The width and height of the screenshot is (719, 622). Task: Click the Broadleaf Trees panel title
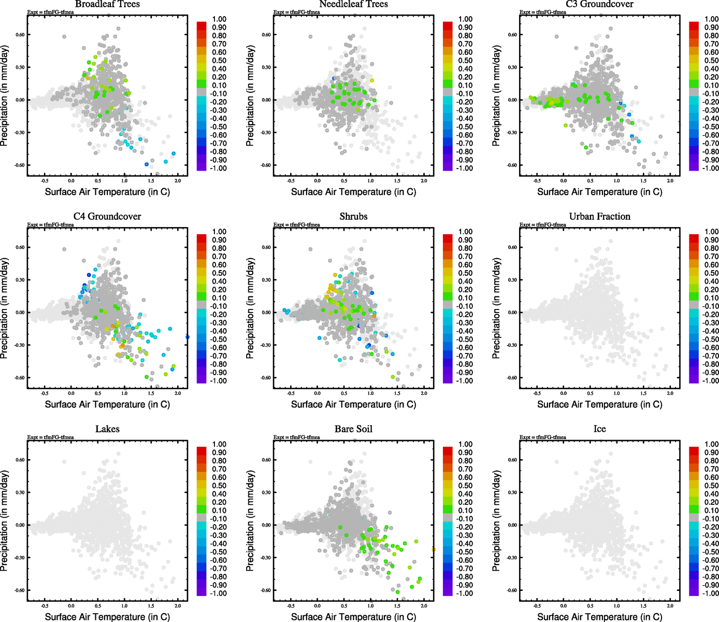click(x=107, y=4)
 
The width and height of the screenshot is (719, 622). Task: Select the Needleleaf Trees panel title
click(x=353, y=4)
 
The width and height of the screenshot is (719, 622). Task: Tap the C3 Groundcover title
click(x=599, y=4)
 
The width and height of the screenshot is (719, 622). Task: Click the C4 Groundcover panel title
click(x=107, y=217)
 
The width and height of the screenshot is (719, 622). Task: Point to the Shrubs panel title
click(x=353, y=217)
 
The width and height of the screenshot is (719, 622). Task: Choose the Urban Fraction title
click(x=599, y=217)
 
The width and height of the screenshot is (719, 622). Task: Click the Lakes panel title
click(x=107, y=429)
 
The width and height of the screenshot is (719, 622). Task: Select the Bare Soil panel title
click(x=353, y=429)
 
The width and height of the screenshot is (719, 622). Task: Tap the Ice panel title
click(x=599, y=429)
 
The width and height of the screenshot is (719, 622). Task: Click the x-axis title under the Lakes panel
click(x=107, y=617)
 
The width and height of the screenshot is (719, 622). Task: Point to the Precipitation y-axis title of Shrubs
click(x=250, y=309)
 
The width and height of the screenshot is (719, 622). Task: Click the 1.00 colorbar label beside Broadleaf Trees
click(x=219, y=19)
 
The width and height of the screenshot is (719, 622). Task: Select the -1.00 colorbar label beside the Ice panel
click(x=710, y=593)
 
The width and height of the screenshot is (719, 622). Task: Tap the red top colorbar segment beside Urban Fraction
click(x=694, y=238)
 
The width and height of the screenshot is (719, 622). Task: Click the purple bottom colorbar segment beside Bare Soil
click(x=448, y=592)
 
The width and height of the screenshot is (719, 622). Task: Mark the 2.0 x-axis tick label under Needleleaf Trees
click(x=424, y=181)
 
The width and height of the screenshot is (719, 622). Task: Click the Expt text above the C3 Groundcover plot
click(x=542, y=12)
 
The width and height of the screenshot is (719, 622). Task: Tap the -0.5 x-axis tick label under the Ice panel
click(x=537, y=606)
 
